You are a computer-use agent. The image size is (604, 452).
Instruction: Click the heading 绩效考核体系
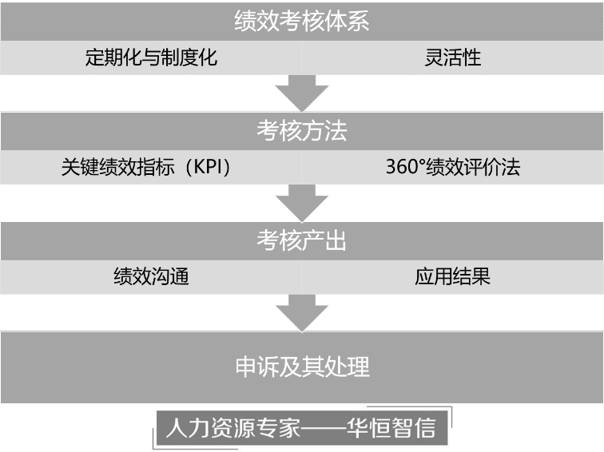[x=301, y=21]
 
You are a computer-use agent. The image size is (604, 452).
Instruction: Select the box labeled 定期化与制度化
[x=151, y=57]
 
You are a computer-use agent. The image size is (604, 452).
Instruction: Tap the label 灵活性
[x=453, y=57]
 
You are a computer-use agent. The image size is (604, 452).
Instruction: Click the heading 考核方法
[x=301, y=131]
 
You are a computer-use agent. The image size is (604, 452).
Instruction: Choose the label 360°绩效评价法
[x=453, y=168]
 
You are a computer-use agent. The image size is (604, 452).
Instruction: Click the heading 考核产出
[x=301, y=240]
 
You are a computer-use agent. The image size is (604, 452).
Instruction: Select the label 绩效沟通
[x=151, y=277]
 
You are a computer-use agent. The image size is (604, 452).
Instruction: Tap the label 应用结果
[x=453, y=277]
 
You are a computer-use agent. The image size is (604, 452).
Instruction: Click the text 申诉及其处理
[x=301, y=367]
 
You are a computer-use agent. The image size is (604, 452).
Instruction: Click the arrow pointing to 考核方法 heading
[x=301, y=94]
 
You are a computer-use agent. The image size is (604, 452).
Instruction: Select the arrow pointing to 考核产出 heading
[x=301, y=204]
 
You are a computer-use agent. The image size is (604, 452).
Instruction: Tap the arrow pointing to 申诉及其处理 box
[x=301, y=313]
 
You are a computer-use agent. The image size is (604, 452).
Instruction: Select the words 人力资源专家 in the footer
[x=231, y=429]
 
